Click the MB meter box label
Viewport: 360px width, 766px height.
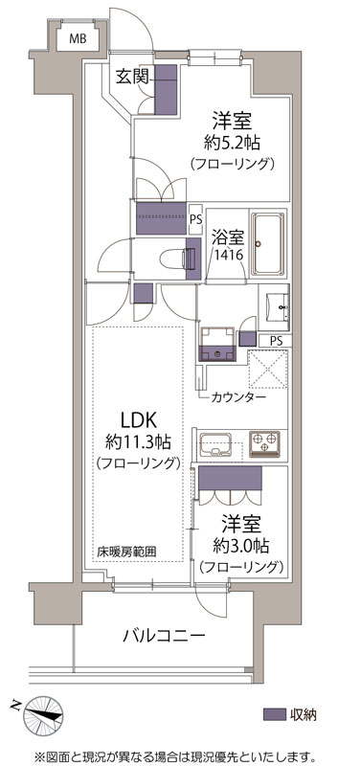[x=78, y=38]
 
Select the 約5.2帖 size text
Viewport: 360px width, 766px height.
[x=232, y=142]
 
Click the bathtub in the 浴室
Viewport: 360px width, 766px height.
[x=267, y=244]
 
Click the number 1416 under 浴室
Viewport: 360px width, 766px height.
[x=228, y=255]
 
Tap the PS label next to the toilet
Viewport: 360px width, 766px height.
[x=195, y=218]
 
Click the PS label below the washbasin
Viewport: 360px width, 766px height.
[x=277, y=341]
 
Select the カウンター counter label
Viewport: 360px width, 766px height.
[x=238, y=396]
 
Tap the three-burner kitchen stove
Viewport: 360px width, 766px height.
[x=264, y=444]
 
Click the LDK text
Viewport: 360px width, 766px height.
[x=139, y=419]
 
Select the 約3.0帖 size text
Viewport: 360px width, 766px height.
[x=241, y=545]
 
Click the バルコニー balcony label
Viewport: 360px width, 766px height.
[x=163, y=636]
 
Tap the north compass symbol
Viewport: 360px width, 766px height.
[x=43, y=714]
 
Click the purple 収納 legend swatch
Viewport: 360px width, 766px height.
[x=274, y=713]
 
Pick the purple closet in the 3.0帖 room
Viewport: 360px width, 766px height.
[x=230, y=478]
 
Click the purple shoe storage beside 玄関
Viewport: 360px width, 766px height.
[x=165, y=89]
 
